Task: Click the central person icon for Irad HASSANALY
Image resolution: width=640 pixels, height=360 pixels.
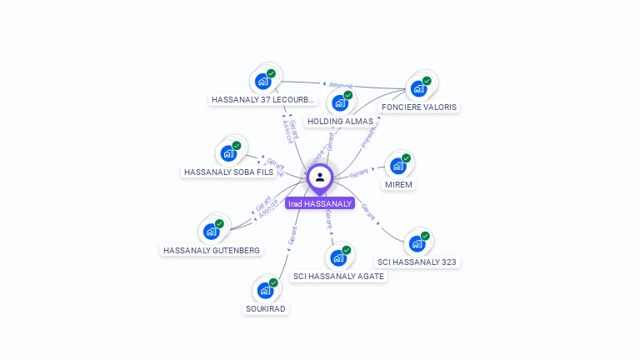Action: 320,177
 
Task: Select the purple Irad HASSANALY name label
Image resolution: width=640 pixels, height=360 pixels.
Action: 320,203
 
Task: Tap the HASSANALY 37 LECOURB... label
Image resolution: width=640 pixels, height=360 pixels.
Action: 263,100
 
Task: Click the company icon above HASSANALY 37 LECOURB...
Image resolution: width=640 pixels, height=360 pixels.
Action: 263,81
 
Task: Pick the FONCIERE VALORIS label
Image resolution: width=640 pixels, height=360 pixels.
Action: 419,107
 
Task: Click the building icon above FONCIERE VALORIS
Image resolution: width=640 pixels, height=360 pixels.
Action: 419,87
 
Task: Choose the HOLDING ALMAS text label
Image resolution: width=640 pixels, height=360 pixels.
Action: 340,122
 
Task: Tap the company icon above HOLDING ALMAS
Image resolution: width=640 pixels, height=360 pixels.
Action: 340,102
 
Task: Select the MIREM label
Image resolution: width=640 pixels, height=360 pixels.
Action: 398,184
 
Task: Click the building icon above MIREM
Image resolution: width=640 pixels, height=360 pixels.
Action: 398,165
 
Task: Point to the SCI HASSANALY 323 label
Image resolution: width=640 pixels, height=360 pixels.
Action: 417,262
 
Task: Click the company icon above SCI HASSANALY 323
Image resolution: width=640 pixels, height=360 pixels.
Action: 417,243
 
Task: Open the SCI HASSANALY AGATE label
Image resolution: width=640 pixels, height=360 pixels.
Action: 339,276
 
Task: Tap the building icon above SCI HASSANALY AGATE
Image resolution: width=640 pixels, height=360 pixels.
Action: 338,257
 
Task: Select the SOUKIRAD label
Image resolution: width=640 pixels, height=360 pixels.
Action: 265,309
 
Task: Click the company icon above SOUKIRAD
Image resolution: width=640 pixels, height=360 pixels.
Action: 265,290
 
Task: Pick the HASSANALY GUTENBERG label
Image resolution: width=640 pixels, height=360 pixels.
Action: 212,250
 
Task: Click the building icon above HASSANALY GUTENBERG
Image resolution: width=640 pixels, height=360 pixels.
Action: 212,231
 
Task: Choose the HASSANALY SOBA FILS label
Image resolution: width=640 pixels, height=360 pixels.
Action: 228,172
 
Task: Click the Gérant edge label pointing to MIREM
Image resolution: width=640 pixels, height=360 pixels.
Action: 359,173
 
